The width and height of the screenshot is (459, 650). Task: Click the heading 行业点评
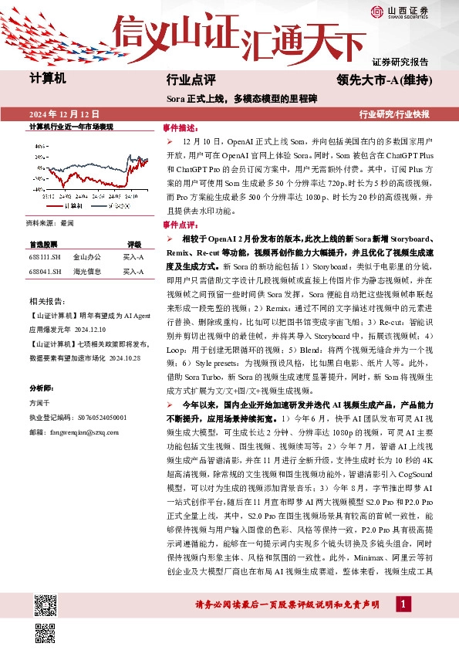click(190, 80)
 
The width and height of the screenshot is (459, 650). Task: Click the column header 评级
click(134, 243)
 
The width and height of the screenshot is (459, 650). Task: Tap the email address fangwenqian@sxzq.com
click(74, 432)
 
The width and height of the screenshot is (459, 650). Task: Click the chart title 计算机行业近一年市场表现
click(71, 126)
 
